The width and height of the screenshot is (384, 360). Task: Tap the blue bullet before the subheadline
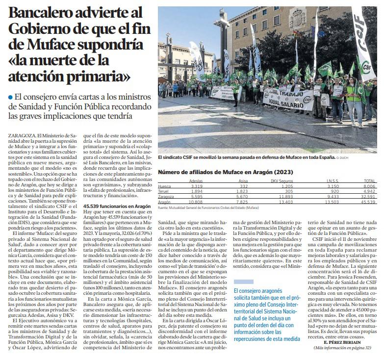[x=10, y=97]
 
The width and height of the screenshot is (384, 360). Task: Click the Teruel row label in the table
[x=164, y=191]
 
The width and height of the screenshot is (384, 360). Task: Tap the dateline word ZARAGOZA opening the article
[x=21, y=134]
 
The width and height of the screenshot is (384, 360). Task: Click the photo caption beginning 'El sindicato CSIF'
[x=245, y=158]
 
